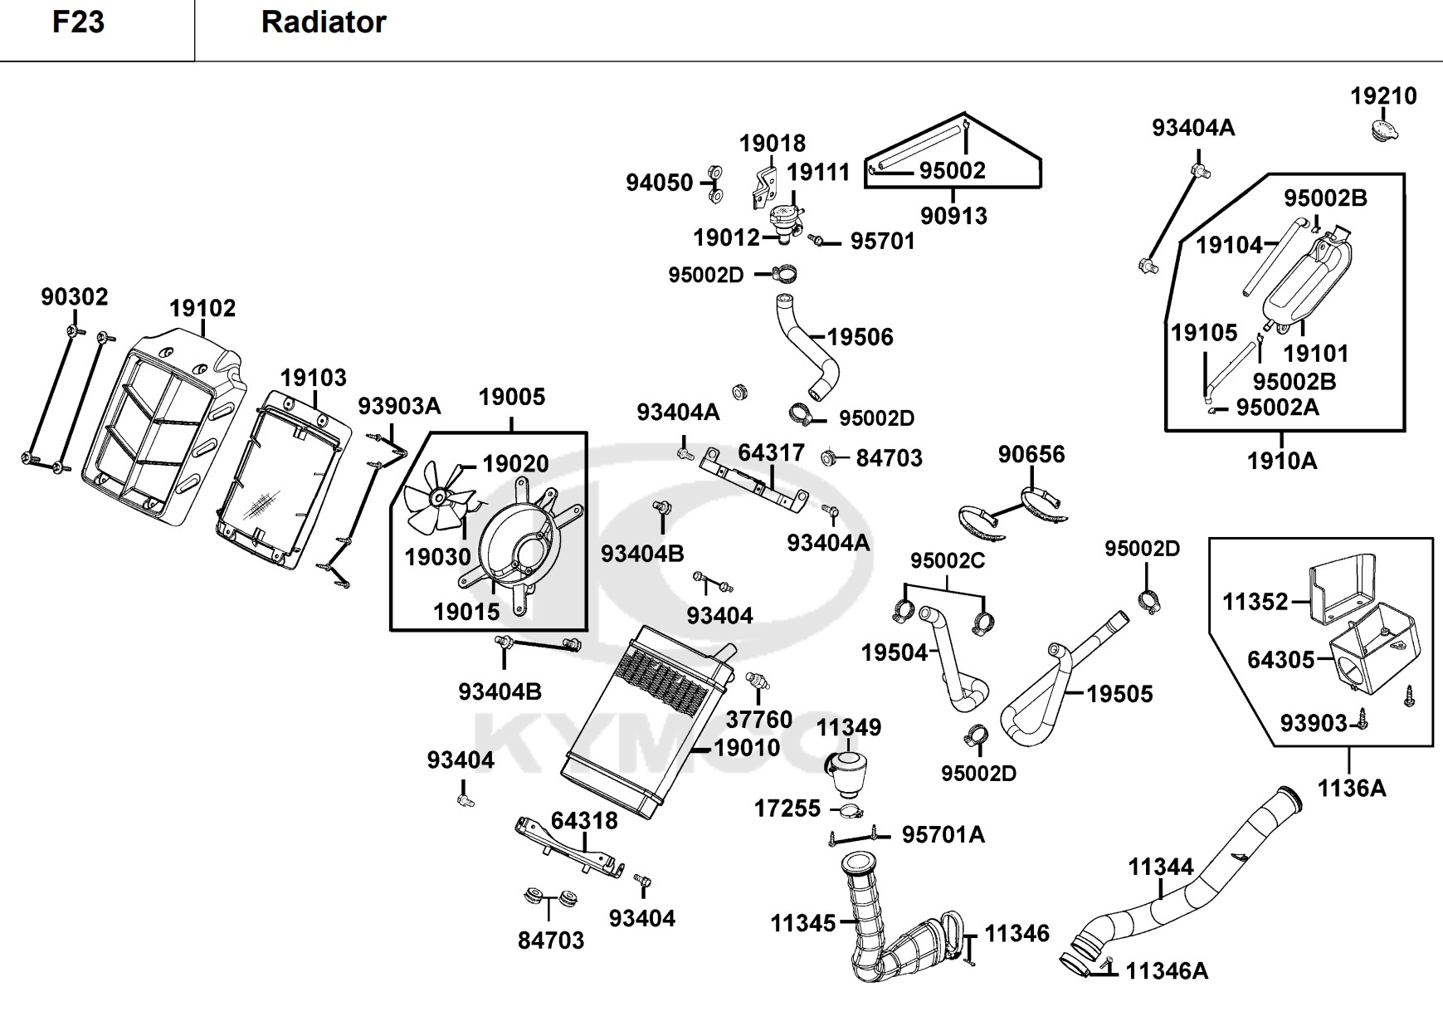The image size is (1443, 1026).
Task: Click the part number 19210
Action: [x=1383, y=96]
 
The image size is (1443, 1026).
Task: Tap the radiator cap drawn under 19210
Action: [x=1383, y=130]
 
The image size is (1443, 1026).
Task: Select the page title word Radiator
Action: [x=324, y=22]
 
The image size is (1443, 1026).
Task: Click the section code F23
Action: [x=78, y=22]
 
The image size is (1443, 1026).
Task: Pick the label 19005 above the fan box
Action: [x=511, y=397]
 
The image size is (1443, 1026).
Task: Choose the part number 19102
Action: [x=202, y=309]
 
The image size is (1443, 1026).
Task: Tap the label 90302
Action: [x=75, y=297]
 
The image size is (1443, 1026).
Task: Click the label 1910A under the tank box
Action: [x=1282, y=461]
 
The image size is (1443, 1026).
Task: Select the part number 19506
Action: [x=860, y=337]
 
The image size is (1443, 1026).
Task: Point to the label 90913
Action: [x=953, y=216]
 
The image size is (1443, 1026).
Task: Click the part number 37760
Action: [x=758, y=719]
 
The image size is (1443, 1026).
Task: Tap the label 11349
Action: [x=848, y=728]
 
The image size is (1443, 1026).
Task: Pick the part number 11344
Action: [x=1160, y=867]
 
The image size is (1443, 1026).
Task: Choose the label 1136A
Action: [x=1352, y=788]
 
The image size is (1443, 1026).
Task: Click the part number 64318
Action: [x=584, y=821]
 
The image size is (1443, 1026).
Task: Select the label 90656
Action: [x=1031, y=455]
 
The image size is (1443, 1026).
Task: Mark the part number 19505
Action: [x=1119, y=694]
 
